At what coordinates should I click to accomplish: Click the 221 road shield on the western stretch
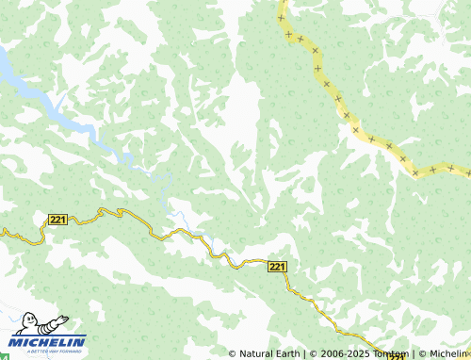(x=57, y=220)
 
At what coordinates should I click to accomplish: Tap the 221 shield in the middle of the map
(x=277, y=267)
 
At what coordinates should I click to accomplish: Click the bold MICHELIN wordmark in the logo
(x=48, y=342)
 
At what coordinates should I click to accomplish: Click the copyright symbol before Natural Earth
(x=233, y=354)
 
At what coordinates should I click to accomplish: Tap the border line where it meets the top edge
(x=282, y=4)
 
